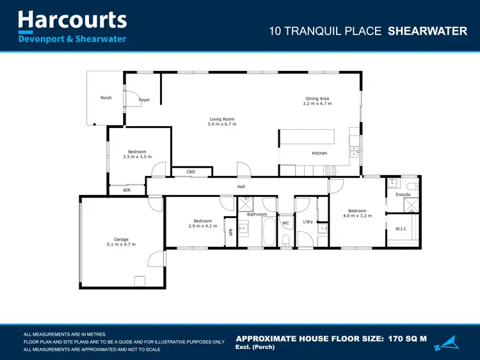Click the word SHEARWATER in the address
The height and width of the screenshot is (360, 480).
click(x=428, y=31)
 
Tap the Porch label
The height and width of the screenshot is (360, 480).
click(x=106, y=98)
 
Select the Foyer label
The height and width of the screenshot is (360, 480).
click(x=144, y=100)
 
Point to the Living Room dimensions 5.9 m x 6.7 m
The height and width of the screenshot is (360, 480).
click(x=222, y=124)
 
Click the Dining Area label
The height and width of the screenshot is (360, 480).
click(x=317, y=98)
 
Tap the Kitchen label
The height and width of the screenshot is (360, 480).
click(x=319, y=153)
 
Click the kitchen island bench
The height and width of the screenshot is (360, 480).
click(x=307, y=137)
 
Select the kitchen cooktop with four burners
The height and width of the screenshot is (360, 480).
click(x=331, y=170)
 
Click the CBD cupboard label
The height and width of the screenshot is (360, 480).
click(x=191, y=172)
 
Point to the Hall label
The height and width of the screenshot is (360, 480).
click(x=241, y=187)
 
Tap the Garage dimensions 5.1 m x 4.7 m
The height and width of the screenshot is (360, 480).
click(x=121, y=244)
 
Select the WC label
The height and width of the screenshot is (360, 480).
click(x=286, y=223)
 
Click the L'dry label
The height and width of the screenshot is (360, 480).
click(x=308, y=222)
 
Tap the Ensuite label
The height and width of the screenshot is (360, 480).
click(x=403, y=194)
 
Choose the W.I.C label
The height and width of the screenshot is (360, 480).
click(x=401, y=228)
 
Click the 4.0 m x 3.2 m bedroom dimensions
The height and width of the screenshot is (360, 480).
click(x=357, y=216)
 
